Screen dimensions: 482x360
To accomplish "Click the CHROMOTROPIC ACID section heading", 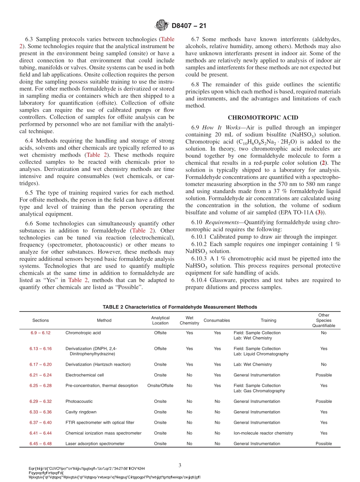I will [x=263, y=117].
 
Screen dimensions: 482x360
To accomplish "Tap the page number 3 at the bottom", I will [x=180, y=465].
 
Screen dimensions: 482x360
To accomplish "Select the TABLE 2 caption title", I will [x=180, y=307].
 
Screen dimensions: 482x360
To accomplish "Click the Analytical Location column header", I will [x=160, y=320].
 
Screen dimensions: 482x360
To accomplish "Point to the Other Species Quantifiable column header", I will [x=324, y=320].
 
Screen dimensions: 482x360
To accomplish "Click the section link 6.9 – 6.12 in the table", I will [x=41, y=333].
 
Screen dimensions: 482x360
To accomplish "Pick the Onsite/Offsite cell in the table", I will [x=160, y=385].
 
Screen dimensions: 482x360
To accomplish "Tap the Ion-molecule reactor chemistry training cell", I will [x=263, y=433].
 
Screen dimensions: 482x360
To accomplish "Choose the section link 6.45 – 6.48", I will [x=41, y=443].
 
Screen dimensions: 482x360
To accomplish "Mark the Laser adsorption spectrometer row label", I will [x=95, y=443].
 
